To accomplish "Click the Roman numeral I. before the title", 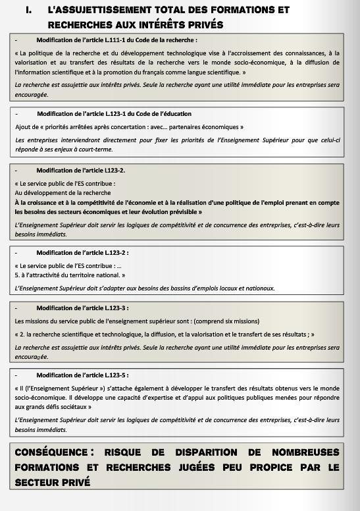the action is pos(28,11).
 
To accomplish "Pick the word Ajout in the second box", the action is pos(23,126).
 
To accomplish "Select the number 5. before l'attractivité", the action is pos(18,275).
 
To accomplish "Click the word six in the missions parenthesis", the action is pos(231,321).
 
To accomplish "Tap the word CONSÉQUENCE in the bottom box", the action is pos(51,452).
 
